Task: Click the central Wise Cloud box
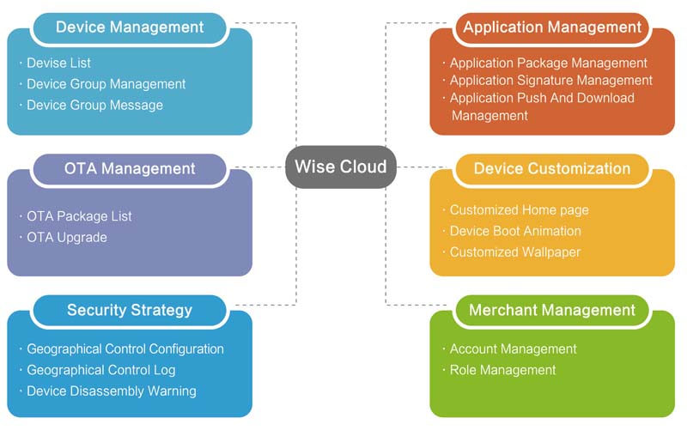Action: tap(341, 167)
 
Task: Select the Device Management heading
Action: tap(130, 27)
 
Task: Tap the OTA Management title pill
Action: tap(130, 168)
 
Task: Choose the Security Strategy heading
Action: tap(130, 310)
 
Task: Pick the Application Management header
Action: tap(552, 27)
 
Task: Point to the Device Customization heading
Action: tap(552, 168)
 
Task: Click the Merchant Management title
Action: tap(552, 310)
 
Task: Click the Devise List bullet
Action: tap(58, 63)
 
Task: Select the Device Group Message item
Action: tap(94, 105)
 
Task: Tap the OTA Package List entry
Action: tap(79, 216)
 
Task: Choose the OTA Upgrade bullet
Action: tap(67, 237)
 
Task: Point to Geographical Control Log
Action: tap(100, 370)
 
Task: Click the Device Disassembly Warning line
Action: tap(111, 391)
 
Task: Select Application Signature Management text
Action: tap(550, 80)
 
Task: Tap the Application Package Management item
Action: tap(548, 63)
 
